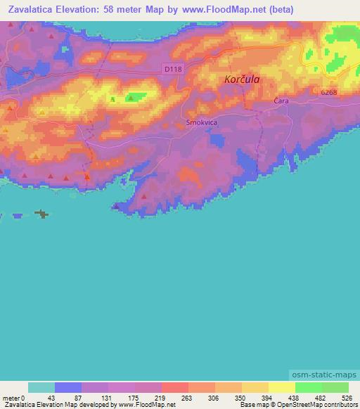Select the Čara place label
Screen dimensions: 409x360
pyautogui.click(x=281, y=102)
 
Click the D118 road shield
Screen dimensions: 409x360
pyautogui.click(x=173, y=68)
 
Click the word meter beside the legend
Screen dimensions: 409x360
pyautogui.click(x=11, y=398)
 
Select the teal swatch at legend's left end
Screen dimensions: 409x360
pyautogui.click(x=41, y=388)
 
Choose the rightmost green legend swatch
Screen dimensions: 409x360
pyautogui.click(x=335, y=388)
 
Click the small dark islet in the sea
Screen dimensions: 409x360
pyautogui.click(x=42, y=214)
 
